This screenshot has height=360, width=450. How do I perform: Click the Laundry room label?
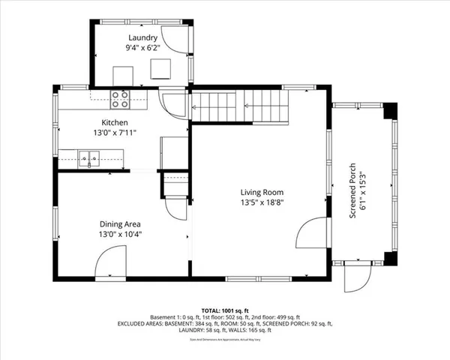click(x=142, y=37)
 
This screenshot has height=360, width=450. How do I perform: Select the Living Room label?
click(x=262, y=192)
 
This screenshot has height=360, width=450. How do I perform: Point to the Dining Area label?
click(x=121, y=223)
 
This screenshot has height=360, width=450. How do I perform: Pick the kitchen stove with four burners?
click(x=120, y=95)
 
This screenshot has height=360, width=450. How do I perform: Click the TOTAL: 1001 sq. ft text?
click(x=225, y=310)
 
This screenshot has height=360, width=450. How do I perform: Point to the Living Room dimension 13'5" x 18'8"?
click(x=262, y=202)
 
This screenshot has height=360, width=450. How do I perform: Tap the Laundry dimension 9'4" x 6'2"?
click(x=142, y=47)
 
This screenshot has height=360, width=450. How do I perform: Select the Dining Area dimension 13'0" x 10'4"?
click(x=121, y=234)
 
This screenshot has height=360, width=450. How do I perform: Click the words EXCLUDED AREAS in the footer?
click(x=142, y=324)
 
